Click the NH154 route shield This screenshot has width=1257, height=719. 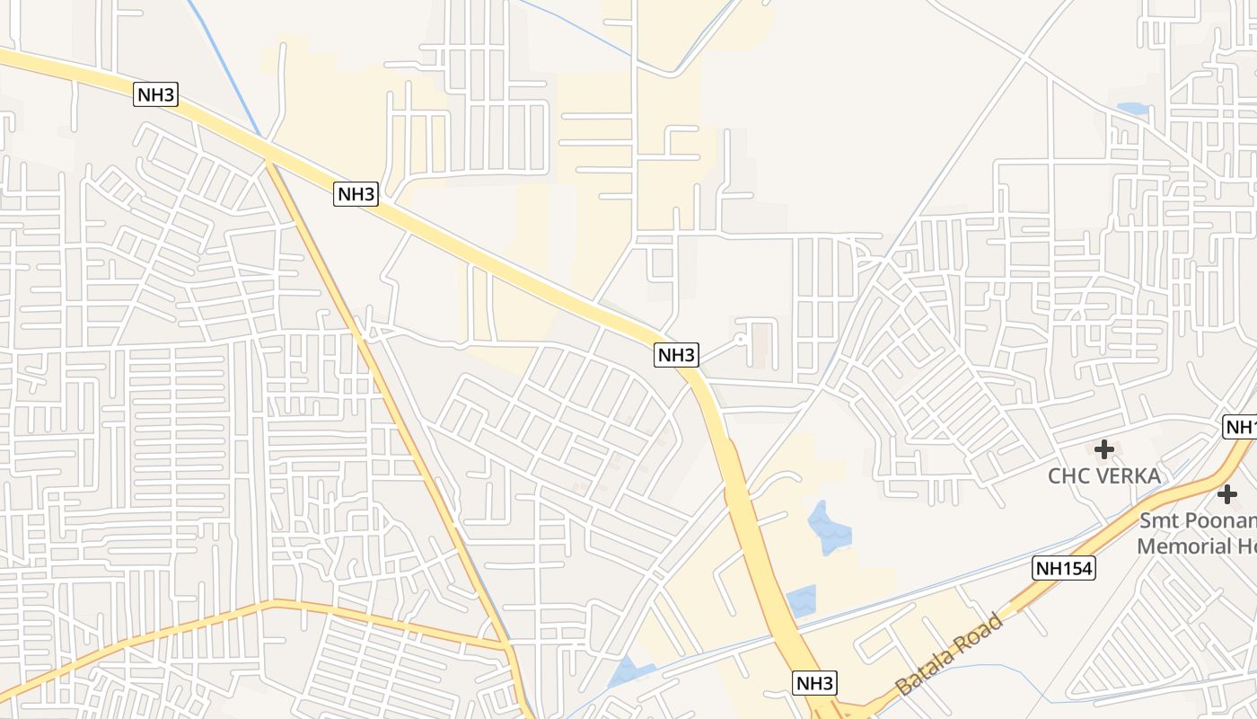tap(1064, 568)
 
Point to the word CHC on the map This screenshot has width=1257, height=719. tap(1068, 476)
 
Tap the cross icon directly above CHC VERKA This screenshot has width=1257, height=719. tap(1104, 448)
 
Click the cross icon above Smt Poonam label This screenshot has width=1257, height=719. tap(1227, 493)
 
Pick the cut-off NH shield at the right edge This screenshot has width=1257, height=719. tap(1242, 427)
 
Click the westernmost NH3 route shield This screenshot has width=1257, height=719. tap(156, 94)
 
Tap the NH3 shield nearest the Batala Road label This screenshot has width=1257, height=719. tap(815, 683)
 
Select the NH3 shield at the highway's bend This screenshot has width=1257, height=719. tap(676, 354)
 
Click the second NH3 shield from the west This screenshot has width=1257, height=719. tap(356, 193)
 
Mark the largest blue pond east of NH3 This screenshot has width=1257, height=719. tap(829, 528)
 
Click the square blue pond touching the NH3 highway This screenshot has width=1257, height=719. tap(802, 600)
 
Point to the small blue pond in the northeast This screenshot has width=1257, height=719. tap(1133, 109)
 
